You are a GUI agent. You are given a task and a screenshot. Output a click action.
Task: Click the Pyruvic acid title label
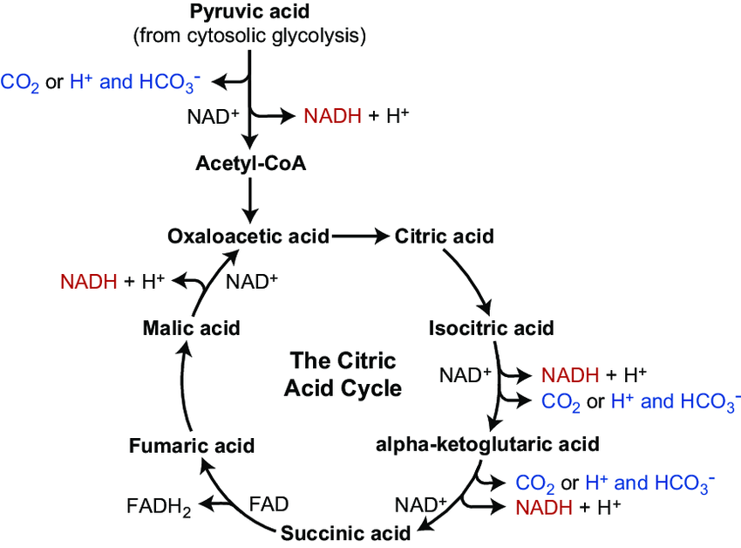(x=249, y=13)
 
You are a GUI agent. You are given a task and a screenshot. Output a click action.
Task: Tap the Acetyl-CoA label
(x=250, y=163)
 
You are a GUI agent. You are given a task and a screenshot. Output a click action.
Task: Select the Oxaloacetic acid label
(x=248, y=236)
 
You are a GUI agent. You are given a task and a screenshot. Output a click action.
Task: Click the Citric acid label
(x=445, y=236)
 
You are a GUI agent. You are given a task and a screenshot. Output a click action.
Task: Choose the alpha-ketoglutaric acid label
(x=487, y=444)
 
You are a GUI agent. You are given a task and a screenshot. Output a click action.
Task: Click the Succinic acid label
(x=344, y=532)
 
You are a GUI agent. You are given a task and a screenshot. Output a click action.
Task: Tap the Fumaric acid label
(x=191, y=446)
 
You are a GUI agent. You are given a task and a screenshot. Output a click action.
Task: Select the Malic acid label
(x=190, y=328)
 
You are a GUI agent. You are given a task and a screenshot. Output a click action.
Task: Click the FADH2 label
(x=159, y=505)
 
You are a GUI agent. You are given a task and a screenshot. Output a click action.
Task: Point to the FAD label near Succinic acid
(x=269, y=504)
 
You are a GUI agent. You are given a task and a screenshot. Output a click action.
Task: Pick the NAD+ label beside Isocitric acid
(x=466, y=375)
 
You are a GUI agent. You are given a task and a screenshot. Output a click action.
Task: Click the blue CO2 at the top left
(x=20, y=83)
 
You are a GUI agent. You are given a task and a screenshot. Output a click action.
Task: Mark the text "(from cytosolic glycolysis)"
(x=249, y=36)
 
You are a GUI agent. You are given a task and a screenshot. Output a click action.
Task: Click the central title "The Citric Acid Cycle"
(x=343, y=374)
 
